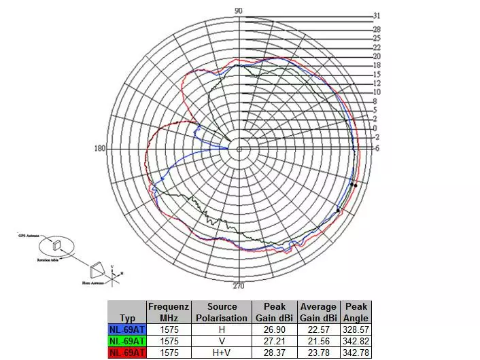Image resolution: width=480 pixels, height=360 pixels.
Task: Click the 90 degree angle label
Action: pyautogui.click(x=239, y=10)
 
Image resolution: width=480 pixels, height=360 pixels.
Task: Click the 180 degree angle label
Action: pyautogui.click(x=100, y=149)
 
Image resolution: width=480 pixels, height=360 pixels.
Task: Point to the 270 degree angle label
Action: pyautogui.click(x=239, y=285)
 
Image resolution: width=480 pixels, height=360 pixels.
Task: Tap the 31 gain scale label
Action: pyautogui.click(x=377, y=16)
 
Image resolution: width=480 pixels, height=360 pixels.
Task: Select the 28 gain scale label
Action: pyautogui.click(x=377, y=30)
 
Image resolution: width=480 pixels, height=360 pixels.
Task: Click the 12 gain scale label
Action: pyautogui.click(x=377, y=84)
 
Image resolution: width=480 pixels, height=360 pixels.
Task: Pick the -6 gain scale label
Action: pyautogui.click(x=377, y=148)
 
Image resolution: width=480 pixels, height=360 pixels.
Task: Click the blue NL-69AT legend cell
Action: pyautogui.click(x=127, y=330)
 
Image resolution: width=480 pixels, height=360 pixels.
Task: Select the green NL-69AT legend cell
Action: pyautogui.click(x=127, y=342)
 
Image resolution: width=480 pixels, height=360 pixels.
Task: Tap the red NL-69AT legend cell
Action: pyautogui.click(x=127, y=353)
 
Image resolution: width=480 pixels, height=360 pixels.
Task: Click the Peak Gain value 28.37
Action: pyautogui.click(x=275, y=353)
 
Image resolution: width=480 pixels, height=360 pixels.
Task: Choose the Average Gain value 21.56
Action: pyautogui.click(x=318, y=342)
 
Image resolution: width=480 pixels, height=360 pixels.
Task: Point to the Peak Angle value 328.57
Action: pyautogui.click(x=356, y=330)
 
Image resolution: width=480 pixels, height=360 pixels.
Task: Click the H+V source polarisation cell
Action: pyautogui.click(x=222, y=353)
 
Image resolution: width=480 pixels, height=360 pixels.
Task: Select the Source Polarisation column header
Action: pyautogui.click(x=222, y=312)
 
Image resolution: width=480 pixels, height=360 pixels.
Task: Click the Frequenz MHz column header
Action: pyautogui.click(x=168, y=312)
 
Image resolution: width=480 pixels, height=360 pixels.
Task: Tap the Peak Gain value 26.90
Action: pyautogui.click(x=275, y=330)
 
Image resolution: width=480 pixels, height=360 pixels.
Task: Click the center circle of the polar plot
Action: pyautogui.click(x=239, y=149)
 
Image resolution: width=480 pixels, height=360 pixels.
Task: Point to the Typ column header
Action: pyautogui.click(x=127, y=318)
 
